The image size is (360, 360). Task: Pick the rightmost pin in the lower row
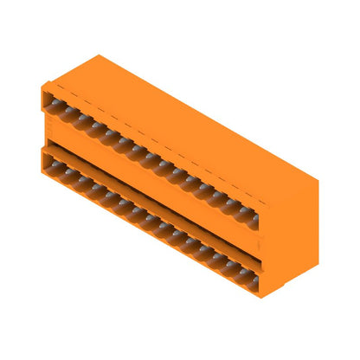click(x=252, y=275)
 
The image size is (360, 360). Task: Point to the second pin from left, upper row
click(x=67, y=112)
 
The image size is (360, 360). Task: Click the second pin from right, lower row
click(x=240, y=268)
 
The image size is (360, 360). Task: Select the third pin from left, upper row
click(x=79, y=119)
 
